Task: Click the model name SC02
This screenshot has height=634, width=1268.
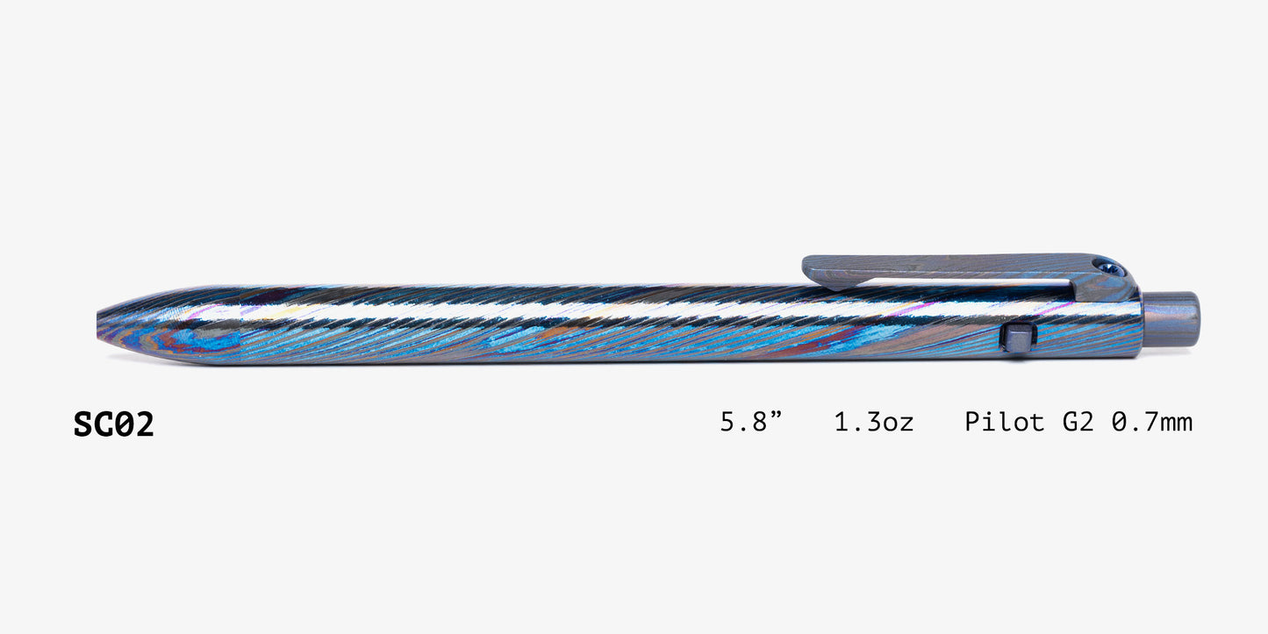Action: (x=114, y=424)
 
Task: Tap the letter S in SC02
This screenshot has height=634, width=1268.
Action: (x=83, y=424)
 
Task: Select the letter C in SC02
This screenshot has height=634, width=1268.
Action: (x=104, y=424)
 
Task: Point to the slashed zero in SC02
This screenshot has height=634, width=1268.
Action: (x=124, y=424)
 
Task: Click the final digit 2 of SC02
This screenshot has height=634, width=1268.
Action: (x=144, y=424)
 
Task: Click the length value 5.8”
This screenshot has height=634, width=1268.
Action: (x=750, y=422)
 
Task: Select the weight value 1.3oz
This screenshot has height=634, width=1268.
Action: (x=874, y=423)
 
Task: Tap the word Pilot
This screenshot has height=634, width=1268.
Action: (x=1005, y=422)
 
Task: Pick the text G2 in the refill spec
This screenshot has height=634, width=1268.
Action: (x=1078, y=423)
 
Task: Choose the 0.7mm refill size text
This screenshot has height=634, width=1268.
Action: (x=1152, y=423)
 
